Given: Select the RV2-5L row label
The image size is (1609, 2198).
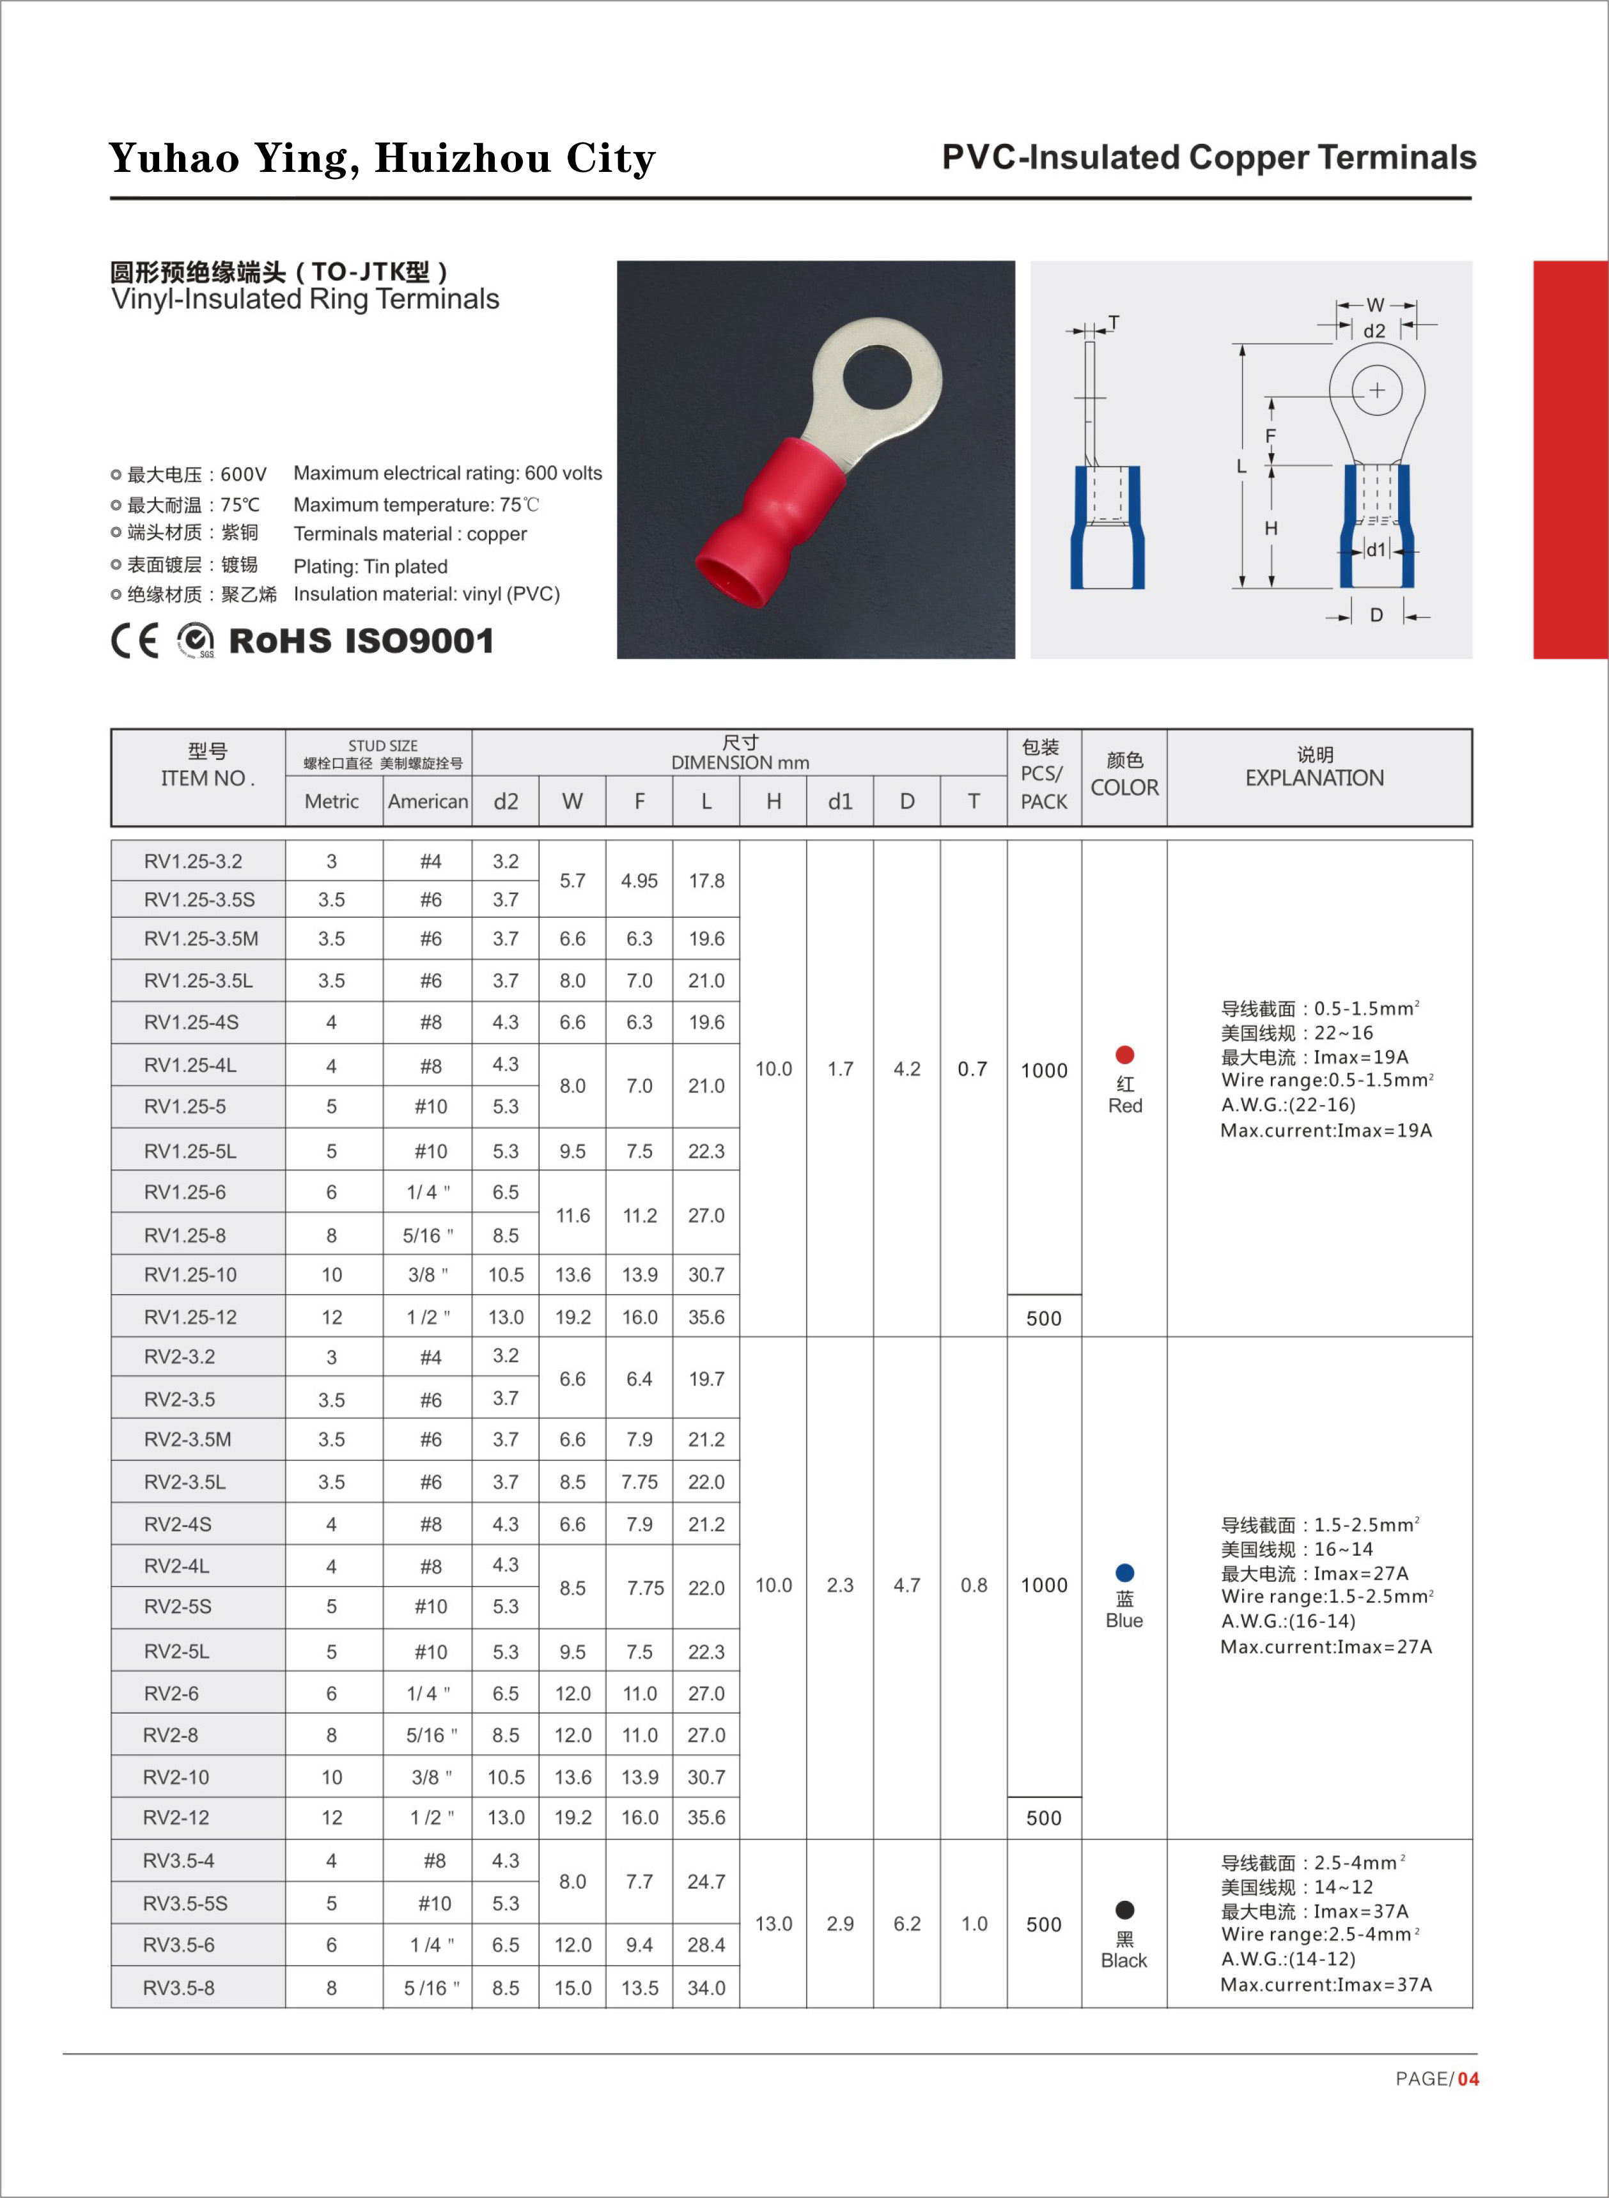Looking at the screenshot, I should click(x=176, y=1652).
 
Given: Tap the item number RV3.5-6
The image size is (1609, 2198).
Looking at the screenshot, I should click(x=178, y=1945).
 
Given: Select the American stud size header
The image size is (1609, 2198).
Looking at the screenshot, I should click(x=428, y=801).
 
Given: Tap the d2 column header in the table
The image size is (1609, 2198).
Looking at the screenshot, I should click(x=506, y=801).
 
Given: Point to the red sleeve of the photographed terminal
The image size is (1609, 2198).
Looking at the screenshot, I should click(x=770, y=516).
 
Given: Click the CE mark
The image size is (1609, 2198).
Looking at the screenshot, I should click(x=134, y=641).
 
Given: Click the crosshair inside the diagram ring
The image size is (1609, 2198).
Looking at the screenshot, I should click(x=1376, y=391).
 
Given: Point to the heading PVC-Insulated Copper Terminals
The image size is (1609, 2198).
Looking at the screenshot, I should click(x=1209, y=158).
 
